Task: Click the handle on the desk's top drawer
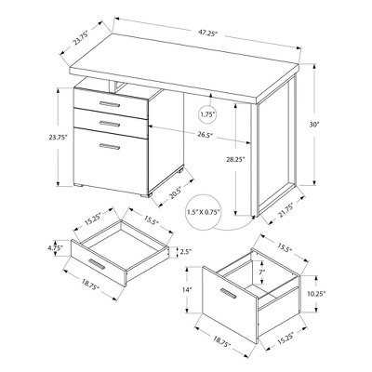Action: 110,99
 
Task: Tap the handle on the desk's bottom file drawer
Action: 111,148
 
